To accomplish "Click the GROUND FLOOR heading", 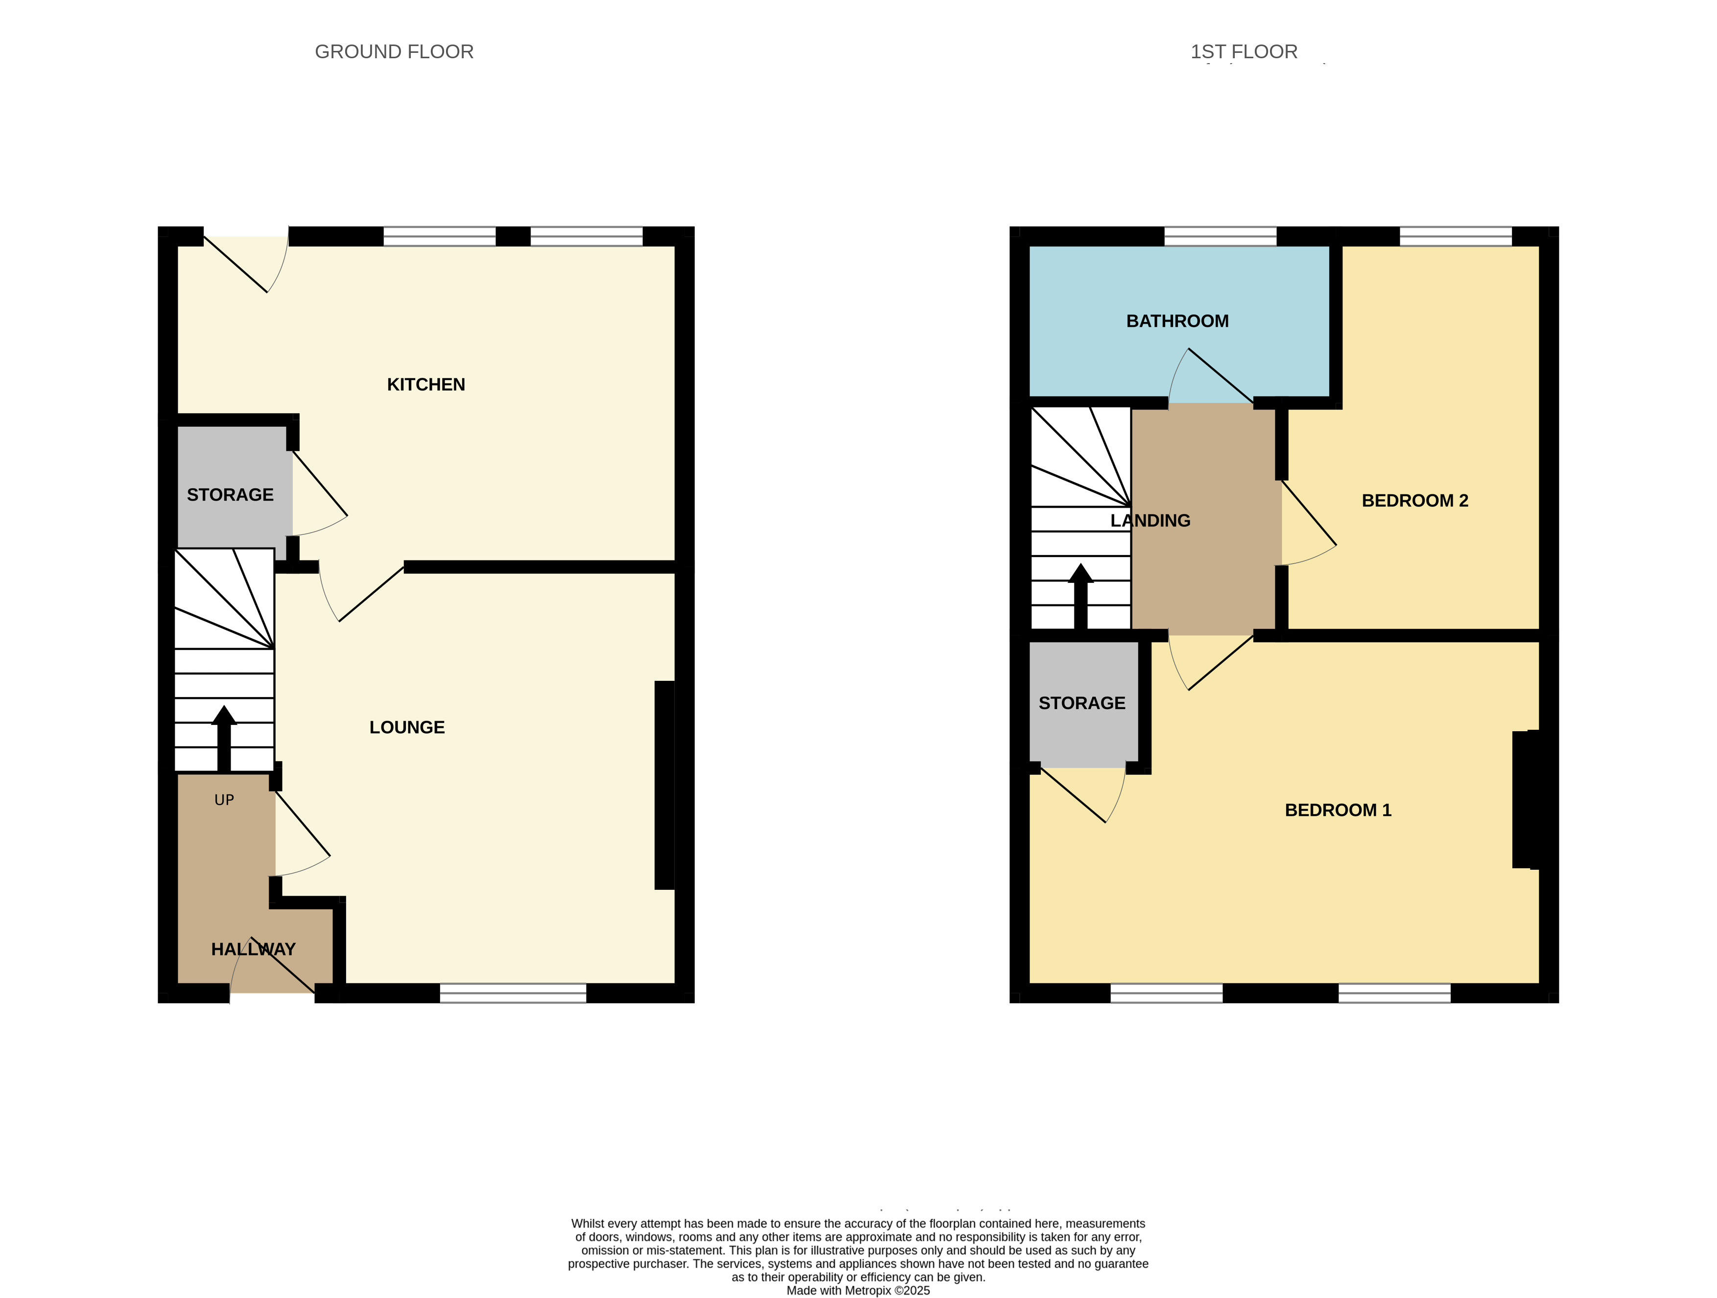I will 394,52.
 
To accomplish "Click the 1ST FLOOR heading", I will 1244,52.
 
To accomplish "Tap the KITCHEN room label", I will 425,385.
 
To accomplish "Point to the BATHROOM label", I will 1177,321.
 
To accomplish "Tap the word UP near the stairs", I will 224,800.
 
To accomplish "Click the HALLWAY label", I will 253,950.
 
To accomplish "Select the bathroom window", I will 1220,236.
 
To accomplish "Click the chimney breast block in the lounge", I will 664,785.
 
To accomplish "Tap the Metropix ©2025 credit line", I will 858,1290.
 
